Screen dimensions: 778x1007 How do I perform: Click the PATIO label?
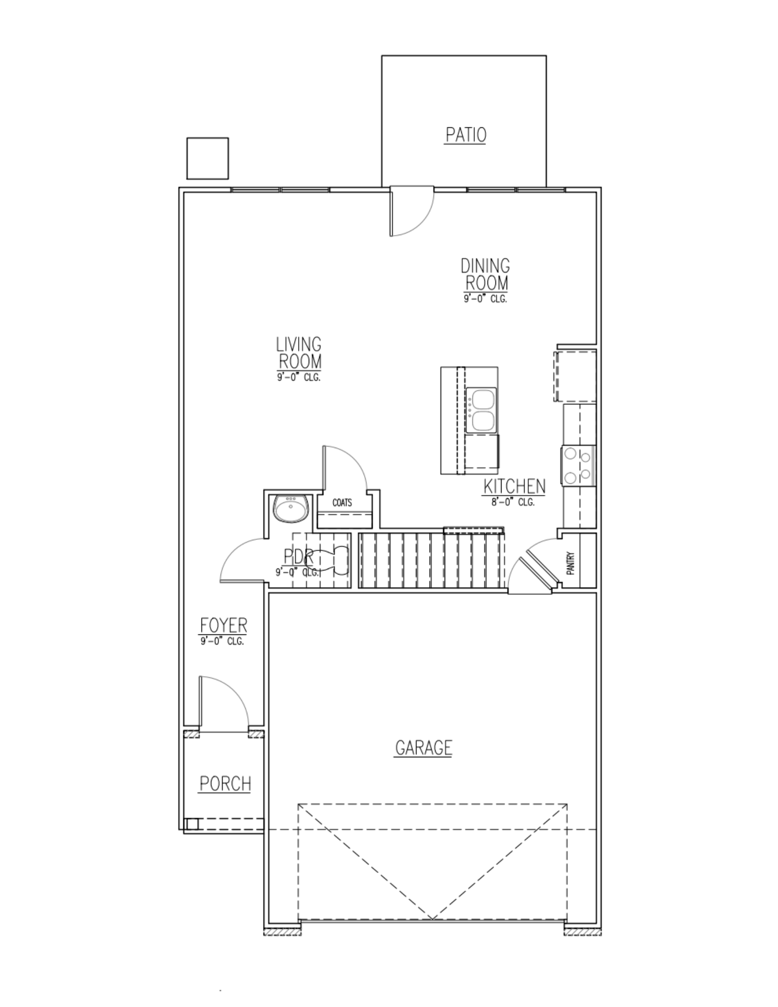coord(465,135)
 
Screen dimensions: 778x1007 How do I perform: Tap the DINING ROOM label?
coord(485,274)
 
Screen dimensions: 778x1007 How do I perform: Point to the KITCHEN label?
coord(514,486)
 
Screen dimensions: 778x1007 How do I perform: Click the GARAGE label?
coord(423,748)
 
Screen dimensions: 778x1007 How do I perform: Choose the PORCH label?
coord(225,784)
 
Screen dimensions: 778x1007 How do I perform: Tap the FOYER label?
coord(224,625)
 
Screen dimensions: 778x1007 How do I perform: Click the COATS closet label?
coord(342,502)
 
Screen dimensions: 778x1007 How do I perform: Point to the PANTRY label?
coord(571,564)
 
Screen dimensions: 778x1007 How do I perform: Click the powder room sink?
coord(290,509)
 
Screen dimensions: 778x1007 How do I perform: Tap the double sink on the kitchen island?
coord(481,410)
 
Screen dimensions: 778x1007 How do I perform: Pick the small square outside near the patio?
coord(207,158)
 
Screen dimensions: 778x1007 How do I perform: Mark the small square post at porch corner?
coord(191,824)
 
